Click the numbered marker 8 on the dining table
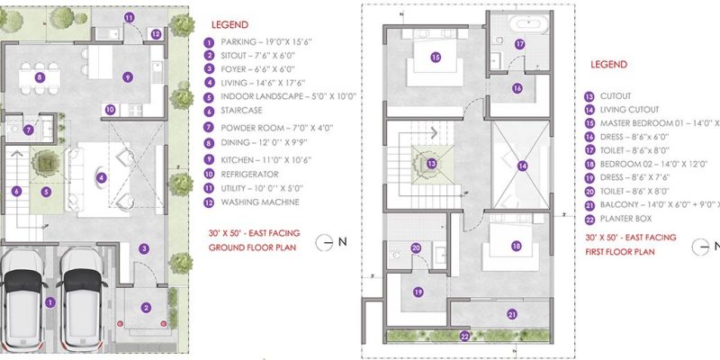40,77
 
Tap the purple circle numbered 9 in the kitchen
129,77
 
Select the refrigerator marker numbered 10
110,110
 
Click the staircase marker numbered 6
16,191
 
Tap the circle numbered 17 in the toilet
519,43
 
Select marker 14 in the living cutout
521,166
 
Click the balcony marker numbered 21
511,314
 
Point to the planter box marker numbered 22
464,336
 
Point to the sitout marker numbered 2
146,308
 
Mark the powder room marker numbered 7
30,130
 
